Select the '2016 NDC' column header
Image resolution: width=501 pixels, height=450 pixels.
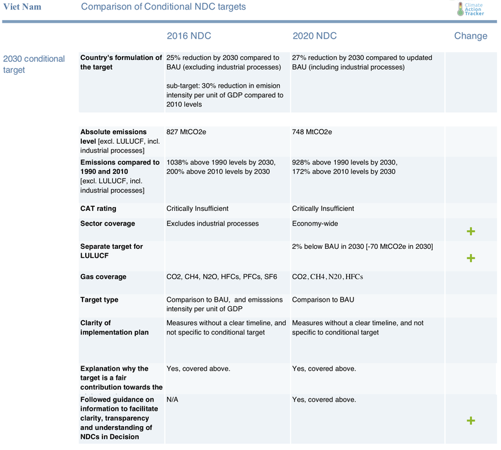tap(188, 36)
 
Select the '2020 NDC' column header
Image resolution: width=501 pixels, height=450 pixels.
tap(315, 36)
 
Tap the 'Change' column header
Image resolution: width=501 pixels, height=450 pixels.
tap(471, 36)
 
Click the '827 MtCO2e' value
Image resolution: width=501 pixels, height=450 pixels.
tap(186, 132)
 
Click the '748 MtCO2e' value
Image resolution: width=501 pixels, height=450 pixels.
tap(312, 132)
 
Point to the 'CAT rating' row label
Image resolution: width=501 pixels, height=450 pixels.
tap(98, 209)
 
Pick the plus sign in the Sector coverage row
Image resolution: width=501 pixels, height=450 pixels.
tap(471, 231)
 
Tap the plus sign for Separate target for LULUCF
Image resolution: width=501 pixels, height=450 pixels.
tap(471, 258)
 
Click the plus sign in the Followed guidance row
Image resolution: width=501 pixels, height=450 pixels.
tap(471, 420)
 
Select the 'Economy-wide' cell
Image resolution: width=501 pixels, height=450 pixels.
tap(315, 224)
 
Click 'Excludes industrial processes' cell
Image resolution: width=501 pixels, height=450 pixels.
tap(212, 224)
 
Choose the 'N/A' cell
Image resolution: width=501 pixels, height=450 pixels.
tap(172, 400)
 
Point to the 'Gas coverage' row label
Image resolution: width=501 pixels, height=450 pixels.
tap(103, 277)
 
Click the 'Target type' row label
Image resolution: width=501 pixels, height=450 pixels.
tap(99, 300)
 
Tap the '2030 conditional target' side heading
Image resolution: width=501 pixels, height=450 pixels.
tap(34, 64)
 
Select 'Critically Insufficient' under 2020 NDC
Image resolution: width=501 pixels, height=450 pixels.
tap(323, 209)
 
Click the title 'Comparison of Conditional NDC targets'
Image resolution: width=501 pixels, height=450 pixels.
tap(163, 6)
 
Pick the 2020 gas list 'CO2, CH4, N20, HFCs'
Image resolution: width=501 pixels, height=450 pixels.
tap(328, 277)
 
